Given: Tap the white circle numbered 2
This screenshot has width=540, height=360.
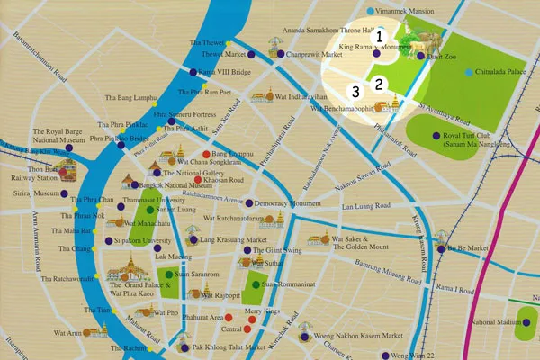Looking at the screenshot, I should tap(380, 84).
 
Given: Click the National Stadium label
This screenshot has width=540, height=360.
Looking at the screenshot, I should tap(499, 321).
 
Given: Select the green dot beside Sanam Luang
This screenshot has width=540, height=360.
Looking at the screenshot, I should tap(150, 209).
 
